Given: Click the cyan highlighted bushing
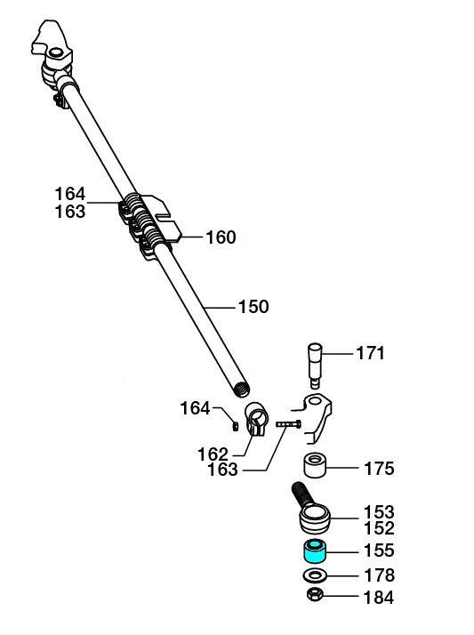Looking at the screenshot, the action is click(x=315, y=551).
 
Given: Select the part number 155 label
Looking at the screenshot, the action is click(x=379, y=551).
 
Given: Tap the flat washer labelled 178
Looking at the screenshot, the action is click(x=315, y=575).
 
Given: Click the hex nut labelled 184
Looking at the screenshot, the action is click(x=315, y=595).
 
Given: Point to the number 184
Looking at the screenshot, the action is click(x=379, y=598).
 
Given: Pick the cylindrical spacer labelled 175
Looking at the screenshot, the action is click(x=315, y=466).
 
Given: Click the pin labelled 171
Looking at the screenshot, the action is click(x=316, y=366).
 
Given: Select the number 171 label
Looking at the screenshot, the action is click(x=370, y=353).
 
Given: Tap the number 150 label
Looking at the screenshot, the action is click(x=253, y=307).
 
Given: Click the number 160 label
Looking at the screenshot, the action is click(x=221, y=237).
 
